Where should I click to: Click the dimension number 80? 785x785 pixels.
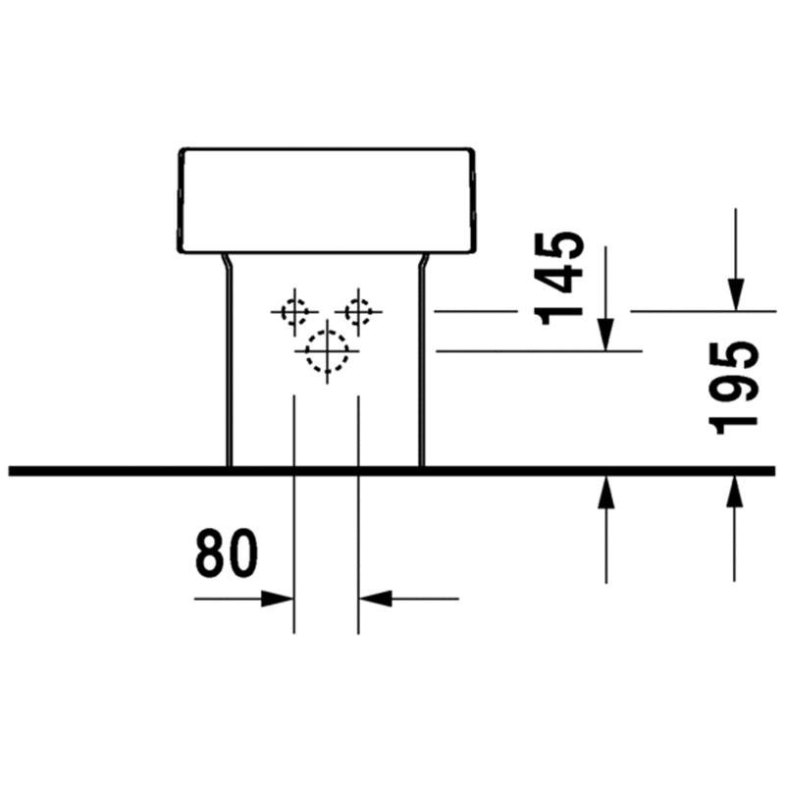point(227,553)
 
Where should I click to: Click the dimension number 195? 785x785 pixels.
point(734,388)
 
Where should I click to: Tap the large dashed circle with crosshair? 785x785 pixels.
point(327,351)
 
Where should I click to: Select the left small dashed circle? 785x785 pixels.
point(294,312)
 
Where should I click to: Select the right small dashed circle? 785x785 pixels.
point(358,312)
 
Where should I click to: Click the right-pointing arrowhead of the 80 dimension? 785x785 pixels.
point(278,599)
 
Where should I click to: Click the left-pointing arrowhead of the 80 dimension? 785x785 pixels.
point(375,599)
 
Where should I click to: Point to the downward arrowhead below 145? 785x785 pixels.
point(605,335)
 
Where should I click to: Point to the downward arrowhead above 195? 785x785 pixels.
point(735,295)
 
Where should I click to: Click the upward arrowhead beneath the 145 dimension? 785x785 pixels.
point(605,493)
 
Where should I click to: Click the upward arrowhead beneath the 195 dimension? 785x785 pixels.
point(734,493)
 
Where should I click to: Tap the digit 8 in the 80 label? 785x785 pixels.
point(210,553)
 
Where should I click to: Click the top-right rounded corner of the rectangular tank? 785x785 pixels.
point(470,151)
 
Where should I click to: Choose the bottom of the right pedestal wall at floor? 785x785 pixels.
point(422,465)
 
